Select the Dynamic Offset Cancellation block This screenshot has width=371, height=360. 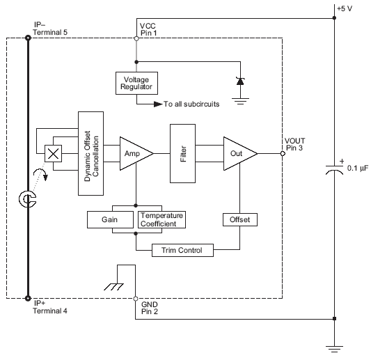tap(90, 152)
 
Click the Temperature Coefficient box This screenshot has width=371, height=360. tap(162, 219)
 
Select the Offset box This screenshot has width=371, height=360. tap(239, 219)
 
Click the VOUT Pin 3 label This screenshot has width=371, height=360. tap(295, 143)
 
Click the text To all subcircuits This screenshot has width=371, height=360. tap(191, 104)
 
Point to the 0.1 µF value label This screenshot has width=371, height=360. tap(356, 169)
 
